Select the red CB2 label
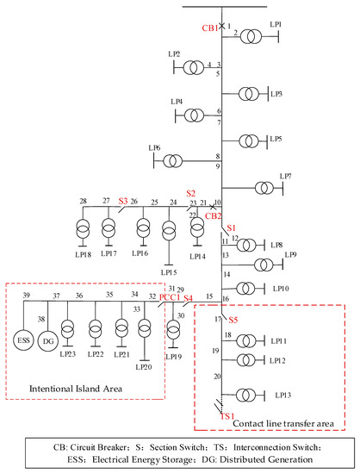pos(213,216)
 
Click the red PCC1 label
pos(169,297)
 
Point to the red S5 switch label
pos(233,321)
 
